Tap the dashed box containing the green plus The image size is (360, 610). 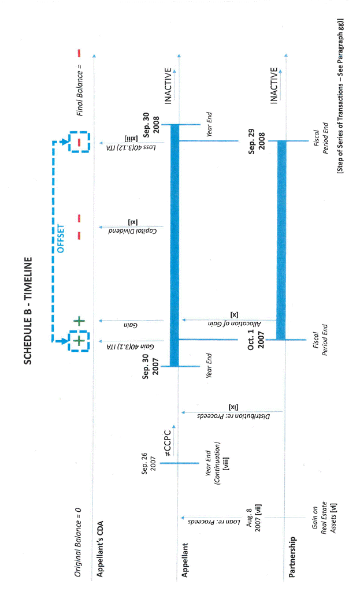79,341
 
